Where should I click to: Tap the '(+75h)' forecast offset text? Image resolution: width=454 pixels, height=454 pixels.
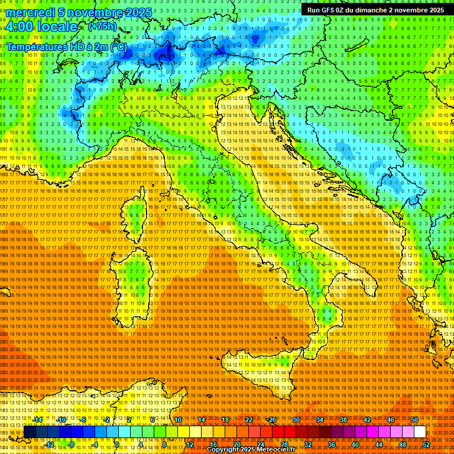pos(102,27)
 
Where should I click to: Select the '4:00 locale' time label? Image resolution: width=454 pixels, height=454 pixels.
pos(41,27)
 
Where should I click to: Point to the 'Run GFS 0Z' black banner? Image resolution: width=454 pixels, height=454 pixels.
pos(375,10)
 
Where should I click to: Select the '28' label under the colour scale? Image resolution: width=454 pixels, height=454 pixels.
pos(284,444)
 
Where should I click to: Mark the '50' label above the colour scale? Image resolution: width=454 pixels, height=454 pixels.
pos(414,420)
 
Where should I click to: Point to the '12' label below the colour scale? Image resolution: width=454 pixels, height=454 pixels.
pos(190,444)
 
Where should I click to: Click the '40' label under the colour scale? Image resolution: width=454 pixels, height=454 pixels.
pos(355,444)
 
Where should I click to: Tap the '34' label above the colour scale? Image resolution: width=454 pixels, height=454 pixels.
pos(320,420)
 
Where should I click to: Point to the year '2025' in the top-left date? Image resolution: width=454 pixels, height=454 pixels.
pos(138,12)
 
